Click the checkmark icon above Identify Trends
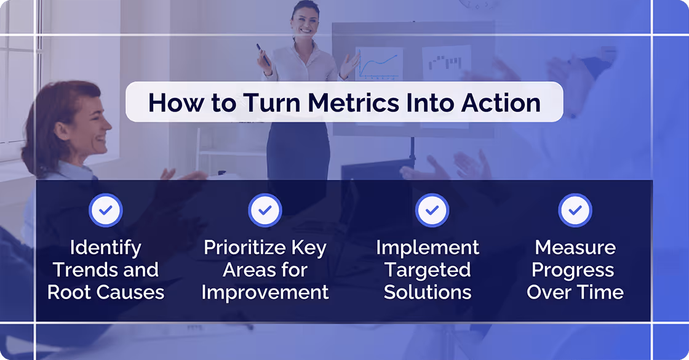tap(106, 210)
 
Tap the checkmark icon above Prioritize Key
tap(265, 210)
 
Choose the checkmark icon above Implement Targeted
tap(432, 210)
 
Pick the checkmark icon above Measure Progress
tap(575, 210)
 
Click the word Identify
tap(106, 247)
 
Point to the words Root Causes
tap(106, 291)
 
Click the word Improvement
tap(265, 291)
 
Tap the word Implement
tap(428, 247)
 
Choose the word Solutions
tap(428, 291)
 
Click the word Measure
tap(575, 247)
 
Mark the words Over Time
tap(575, 291)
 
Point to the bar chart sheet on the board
tap(446, 63)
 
